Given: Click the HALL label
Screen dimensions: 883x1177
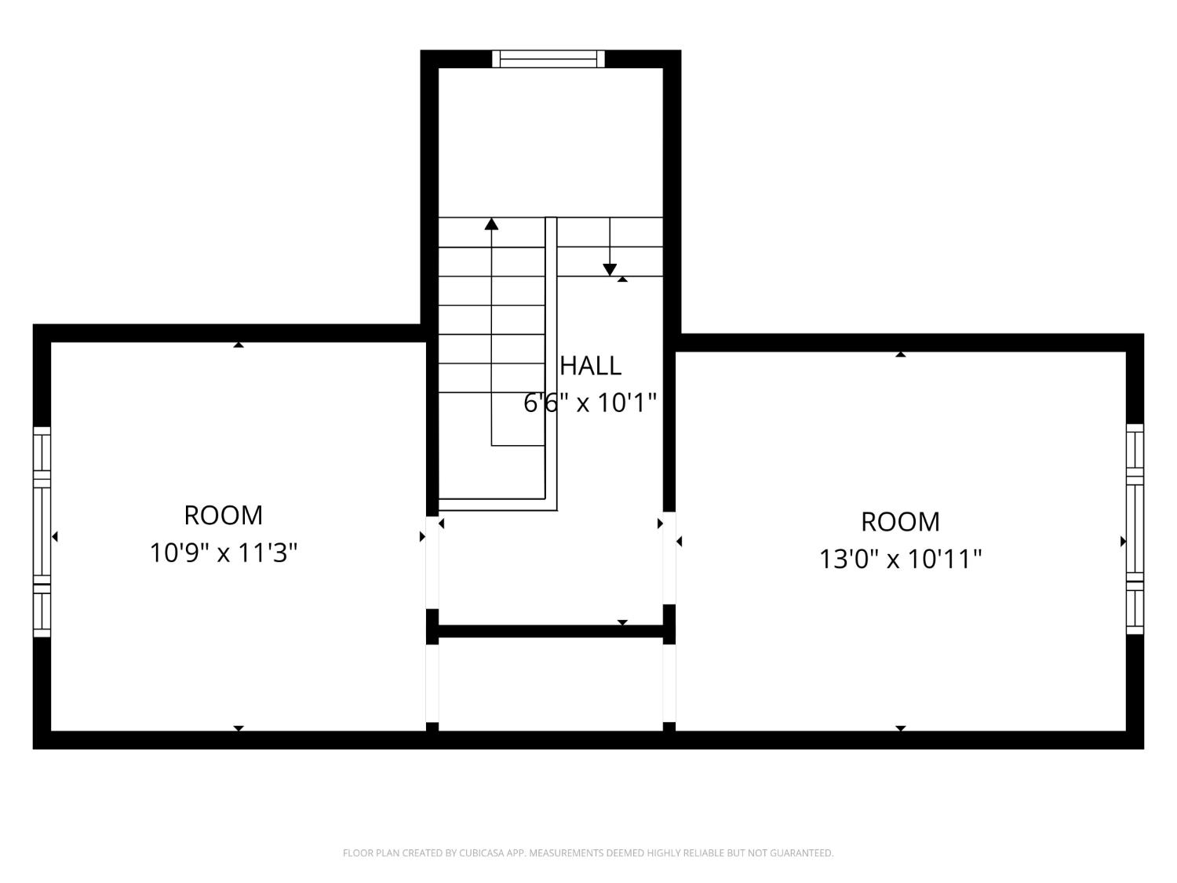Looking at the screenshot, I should pos(590,366).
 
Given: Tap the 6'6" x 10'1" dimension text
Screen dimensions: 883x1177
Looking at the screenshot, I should pos(590,403).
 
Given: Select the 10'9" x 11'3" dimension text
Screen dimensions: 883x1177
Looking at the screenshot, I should pos(224,553).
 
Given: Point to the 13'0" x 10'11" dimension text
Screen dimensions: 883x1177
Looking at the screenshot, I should pos(901,559).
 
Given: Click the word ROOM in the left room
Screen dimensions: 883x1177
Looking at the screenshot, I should pos(224,516).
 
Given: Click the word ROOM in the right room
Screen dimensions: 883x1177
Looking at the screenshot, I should pos(901,522).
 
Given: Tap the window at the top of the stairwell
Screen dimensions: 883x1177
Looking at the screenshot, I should pos(548,59).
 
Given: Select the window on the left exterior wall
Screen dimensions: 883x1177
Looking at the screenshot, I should pos(42,532).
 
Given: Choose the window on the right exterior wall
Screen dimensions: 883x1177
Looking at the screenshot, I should pos(1135,528).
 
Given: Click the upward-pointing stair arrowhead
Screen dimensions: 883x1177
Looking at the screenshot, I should pos(492,224).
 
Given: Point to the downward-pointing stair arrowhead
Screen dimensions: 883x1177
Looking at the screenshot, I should pos(610,270).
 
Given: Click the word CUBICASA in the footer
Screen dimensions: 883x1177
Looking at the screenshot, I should pos(482,853).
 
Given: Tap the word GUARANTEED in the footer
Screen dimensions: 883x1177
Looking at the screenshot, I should pos(807,853).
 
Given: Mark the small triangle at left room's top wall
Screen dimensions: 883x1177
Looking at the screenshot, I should pos(239,345).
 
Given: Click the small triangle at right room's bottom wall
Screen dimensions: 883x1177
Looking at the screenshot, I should pos(901,728).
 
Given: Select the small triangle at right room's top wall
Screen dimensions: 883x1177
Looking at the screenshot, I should pos(901,355).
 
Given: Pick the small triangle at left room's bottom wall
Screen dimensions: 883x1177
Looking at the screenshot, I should pos(239,728).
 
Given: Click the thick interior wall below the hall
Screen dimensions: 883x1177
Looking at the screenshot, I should pos(549,631).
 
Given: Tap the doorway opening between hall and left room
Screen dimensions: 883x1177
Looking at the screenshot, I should pos(432,561).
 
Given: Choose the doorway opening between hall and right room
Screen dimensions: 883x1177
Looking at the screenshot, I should pos(669,557).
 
